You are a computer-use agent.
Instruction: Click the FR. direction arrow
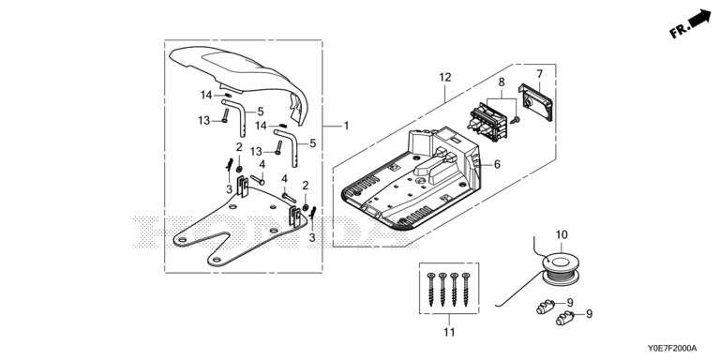[690, 23]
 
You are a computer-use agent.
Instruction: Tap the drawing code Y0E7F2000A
[672, 348]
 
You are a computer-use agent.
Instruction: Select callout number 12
[445, 77]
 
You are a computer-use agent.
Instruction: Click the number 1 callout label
[347, 126]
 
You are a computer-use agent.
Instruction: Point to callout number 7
[540, 73]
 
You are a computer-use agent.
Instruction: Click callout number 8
[502, 82]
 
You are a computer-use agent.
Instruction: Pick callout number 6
[497, 164]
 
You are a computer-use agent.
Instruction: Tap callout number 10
[562, 235]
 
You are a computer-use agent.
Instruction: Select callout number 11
[449, 332]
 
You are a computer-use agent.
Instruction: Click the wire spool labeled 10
[561, 269]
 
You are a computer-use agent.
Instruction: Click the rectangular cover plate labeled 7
[536, 102]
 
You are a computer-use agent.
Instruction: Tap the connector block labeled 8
[487, 120]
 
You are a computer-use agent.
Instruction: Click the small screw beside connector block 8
[517, 120]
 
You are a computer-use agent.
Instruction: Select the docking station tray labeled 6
[412, 180]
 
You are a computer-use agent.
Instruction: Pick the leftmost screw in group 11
[431, 290]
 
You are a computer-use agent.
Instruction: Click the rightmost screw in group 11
[467, 290]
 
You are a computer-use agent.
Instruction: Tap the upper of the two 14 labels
[205, 95]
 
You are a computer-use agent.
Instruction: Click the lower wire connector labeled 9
[565, 318]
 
